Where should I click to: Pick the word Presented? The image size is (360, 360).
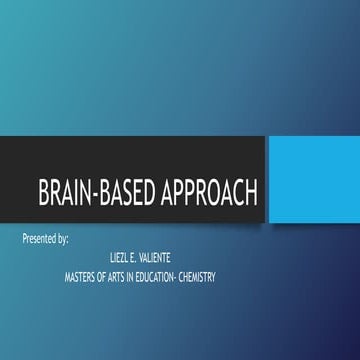(x=41, y=241)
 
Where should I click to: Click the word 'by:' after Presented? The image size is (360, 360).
(x=68, y=241)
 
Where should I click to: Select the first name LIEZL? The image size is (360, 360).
(x=120, y=257)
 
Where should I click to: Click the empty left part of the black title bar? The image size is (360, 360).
(x=20, y=160)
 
